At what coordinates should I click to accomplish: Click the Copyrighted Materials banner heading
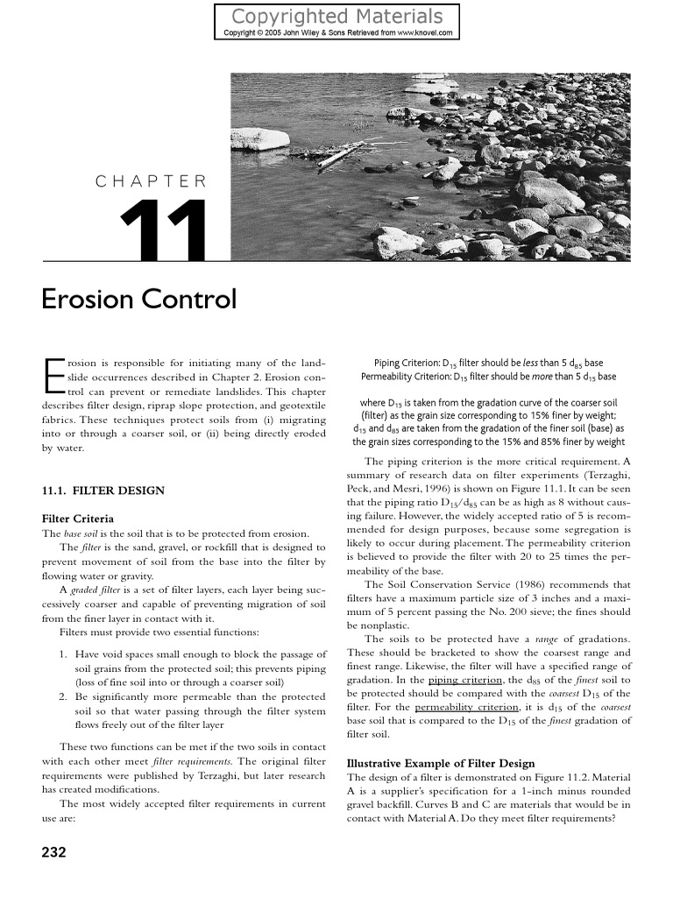coord(336,16)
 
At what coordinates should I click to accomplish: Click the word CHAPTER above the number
coord(152,181)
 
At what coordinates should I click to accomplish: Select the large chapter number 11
coord(164,230)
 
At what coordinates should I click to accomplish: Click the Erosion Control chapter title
coord(139,299)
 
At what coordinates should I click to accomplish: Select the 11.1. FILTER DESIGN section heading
coord(103,491)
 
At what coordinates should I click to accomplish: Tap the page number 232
coord(54,851)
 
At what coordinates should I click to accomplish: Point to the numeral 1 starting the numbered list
coord(62,654)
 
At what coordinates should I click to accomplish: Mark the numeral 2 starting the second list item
coord(62,696)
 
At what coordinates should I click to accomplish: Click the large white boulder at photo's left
coord(259,138)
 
